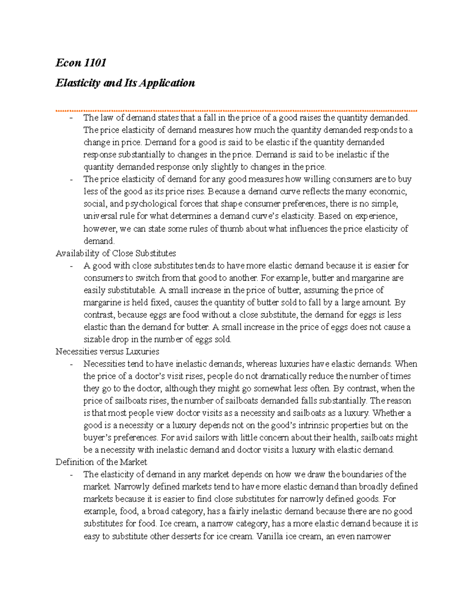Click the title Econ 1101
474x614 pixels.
pos(81,63)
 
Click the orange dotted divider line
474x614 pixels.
pos(236,111)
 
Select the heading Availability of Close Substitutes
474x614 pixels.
pos(116,253)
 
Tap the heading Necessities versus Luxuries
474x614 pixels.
pos(107,351)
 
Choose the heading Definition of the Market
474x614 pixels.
pos(101,462)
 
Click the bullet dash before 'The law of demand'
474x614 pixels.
pos(71,118)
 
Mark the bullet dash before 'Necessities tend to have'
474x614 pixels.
pos(71,364)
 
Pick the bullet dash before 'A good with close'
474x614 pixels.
pos(71,266)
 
